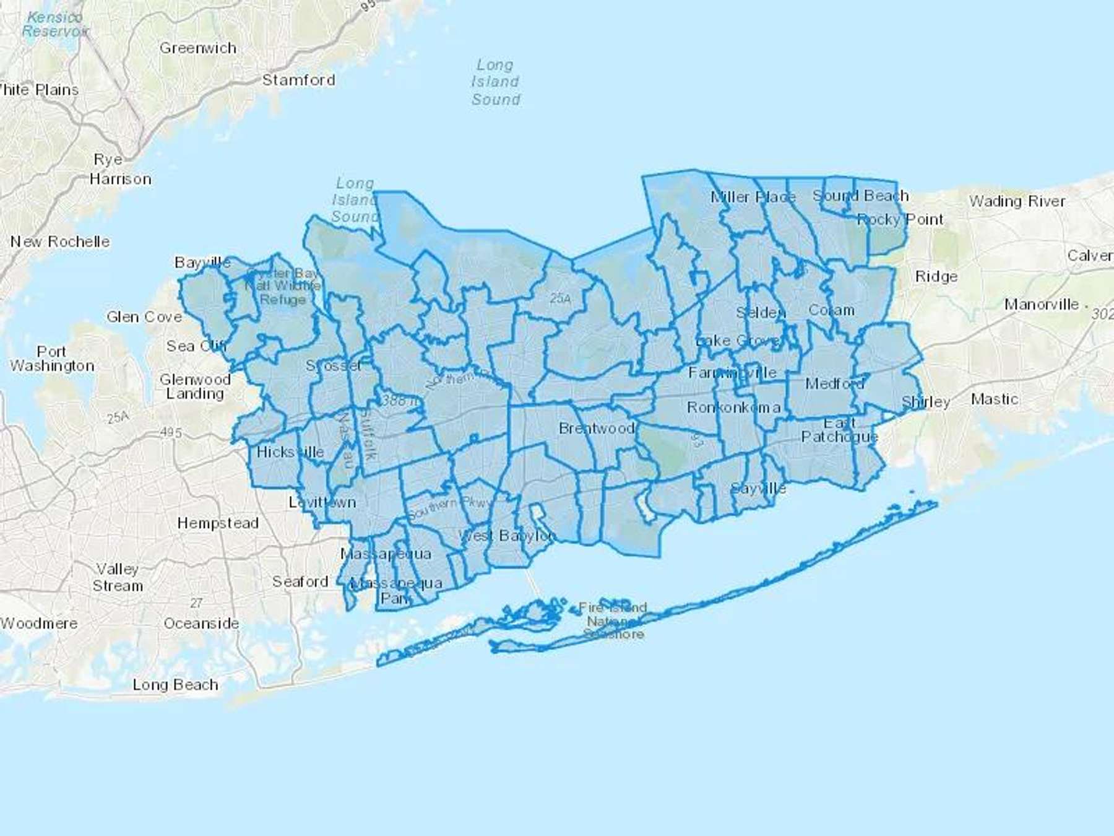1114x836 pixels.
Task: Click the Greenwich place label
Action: coord(198,48)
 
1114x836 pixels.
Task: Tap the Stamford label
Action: coord(298,80)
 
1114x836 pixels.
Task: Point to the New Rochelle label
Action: coord(60,242)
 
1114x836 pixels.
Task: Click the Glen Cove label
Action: coord(144,317)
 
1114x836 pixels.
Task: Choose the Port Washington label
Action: coord(52,359)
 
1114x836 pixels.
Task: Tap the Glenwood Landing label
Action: coord(195,386)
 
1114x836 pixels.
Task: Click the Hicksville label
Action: coord(290,452)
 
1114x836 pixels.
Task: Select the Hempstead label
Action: coord(218,523)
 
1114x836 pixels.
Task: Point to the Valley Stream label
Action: coord(118,577)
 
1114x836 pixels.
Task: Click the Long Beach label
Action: coord(175,684)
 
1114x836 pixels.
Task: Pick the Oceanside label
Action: coord(201,624)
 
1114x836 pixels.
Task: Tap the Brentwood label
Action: coord(597,429)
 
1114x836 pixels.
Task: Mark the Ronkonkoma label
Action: coord(733,407)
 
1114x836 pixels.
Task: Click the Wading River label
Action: coord(1017,201)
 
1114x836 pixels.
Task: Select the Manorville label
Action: coord(1042,305)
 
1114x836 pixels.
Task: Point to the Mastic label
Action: coord(994,399)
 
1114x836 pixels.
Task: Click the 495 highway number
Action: coord(171,432)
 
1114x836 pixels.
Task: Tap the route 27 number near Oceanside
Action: coord(196,603)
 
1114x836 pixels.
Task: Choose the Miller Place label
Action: coord(753,198)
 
